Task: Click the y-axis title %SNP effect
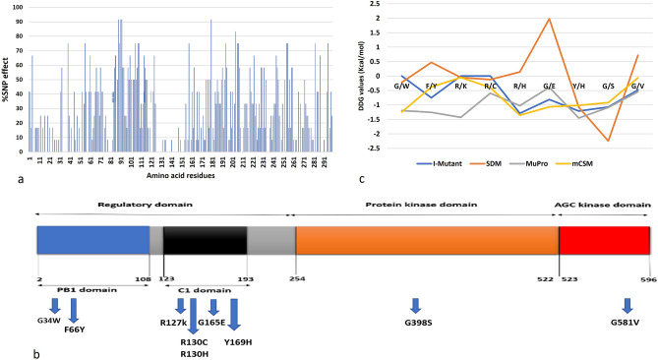coord(7,78)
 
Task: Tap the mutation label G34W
coord(49,321)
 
